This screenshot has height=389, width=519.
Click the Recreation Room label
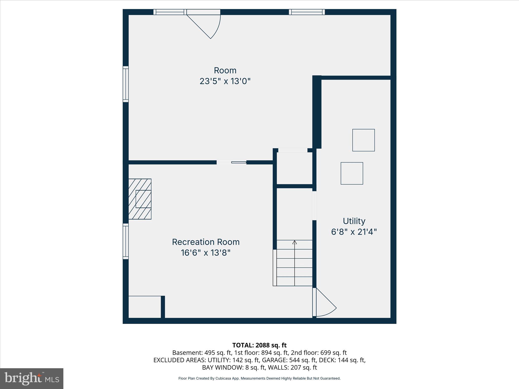[x=206, y=242]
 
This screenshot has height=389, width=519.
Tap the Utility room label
[x=354, y=221]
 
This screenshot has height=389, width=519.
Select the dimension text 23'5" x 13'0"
[x=225, y=81]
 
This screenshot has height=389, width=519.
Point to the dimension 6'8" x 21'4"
[x=354, y=232]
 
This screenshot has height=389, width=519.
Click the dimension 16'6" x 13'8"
[x=206, y=253]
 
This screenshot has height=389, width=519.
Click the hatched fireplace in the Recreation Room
[x=140, y=199]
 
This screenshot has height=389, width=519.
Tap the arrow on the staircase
[x=294, y=242]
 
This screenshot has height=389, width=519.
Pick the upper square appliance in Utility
[x=363, y=140]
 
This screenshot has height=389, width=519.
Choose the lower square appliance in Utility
[x=352, y=173]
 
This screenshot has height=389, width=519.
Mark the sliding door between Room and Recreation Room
[x=232, y=162]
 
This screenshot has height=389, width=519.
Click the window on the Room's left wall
[x=126, y=84]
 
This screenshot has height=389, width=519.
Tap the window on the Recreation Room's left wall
[x=126, y=241]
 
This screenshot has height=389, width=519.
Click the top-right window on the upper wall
[x=307, y=12]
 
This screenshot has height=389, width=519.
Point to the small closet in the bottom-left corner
[x=144, y=307]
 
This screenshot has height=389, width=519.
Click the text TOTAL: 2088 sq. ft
[x=259, y=345]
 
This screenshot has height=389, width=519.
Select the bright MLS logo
[x=32, y=378]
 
